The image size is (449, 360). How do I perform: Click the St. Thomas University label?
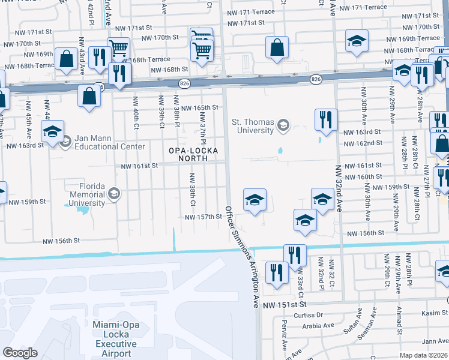(253, 125)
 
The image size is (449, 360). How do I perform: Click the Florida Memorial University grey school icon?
(113, 193)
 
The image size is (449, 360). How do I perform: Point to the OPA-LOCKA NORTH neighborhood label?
(184, 154)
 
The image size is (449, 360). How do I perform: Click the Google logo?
(20, 352)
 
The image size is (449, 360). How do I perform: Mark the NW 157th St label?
(203, 217)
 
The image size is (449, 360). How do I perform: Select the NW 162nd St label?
(362, 143)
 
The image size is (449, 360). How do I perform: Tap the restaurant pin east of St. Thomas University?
(326, 119)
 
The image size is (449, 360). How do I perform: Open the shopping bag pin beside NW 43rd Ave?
(65, 59)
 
